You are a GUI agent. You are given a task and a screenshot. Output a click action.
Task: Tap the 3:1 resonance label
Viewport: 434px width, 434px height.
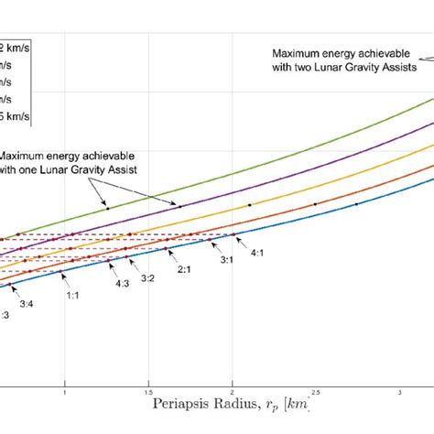point(225,260)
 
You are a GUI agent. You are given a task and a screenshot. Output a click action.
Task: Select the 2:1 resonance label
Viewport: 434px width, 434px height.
point(183,269)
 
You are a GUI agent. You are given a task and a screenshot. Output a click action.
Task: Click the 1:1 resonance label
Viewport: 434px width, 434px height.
point(72,295)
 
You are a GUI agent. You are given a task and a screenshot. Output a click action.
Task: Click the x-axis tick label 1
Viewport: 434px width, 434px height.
point(65,393)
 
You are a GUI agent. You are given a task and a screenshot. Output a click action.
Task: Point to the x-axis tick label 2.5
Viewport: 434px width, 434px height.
point(316,393)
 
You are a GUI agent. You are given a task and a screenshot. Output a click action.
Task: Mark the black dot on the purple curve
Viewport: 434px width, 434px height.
point(180,207)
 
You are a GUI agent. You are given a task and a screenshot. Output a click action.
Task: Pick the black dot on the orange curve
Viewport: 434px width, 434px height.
point(315,204)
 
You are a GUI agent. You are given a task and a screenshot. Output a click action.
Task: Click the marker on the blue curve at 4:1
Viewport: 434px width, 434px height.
point(230,236)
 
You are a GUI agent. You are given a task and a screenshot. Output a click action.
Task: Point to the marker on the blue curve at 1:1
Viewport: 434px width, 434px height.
point(63,272)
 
